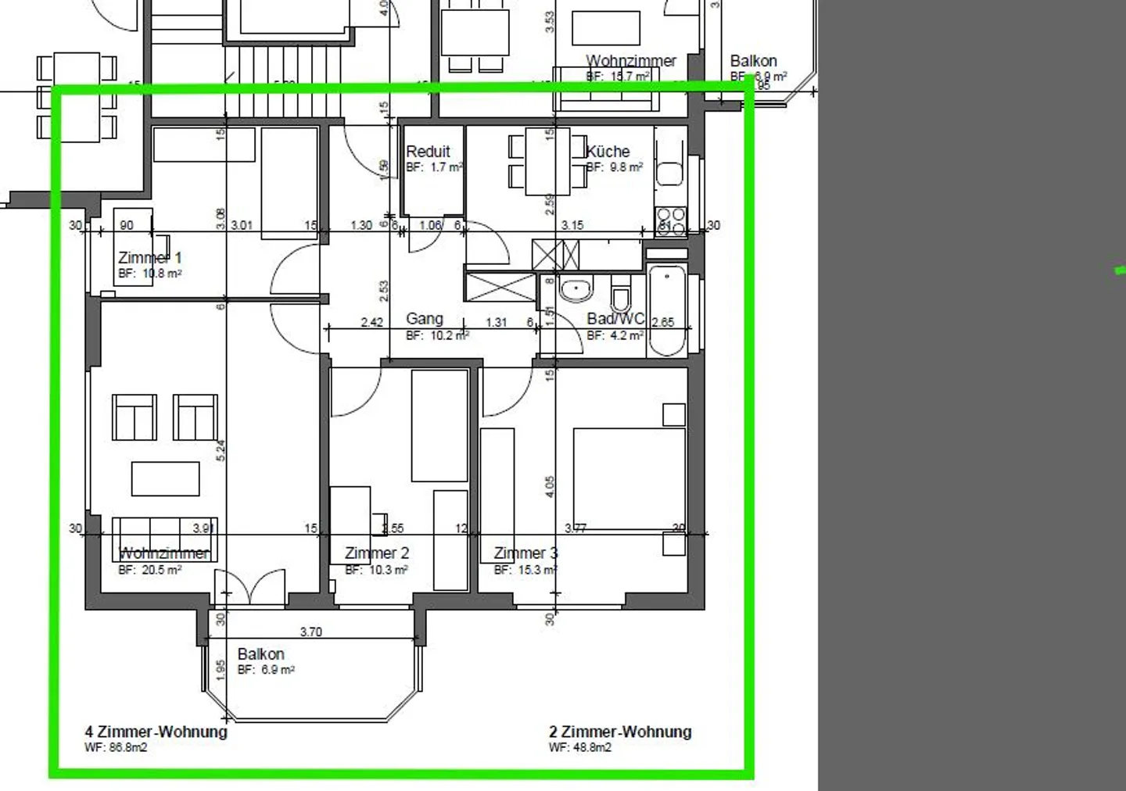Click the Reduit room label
coord(428,152)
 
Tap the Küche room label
coord(608,152)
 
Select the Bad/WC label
coord(615,319)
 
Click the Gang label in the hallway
coord(425,319)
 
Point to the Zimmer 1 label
coord(149,258)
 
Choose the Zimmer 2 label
coord(377,553)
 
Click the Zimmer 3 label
coord(525,553)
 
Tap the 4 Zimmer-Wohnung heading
coord(156,732)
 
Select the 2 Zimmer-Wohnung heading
coord(620,732)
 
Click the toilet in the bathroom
coord(622,295)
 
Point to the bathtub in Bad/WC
coord(667,310)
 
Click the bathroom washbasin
coord(577,289)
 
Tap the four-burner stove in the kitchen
coord(670,221)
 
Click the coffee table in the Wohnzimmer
coord(165,478)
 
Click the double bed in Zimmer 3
coord(629,478)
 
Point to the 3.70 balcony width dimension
coord(310,632)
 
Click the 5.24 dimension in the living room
coord(221,450)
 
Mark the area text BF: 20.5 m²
coord(150,571)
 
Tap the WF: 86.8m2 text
coord(116,748)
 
